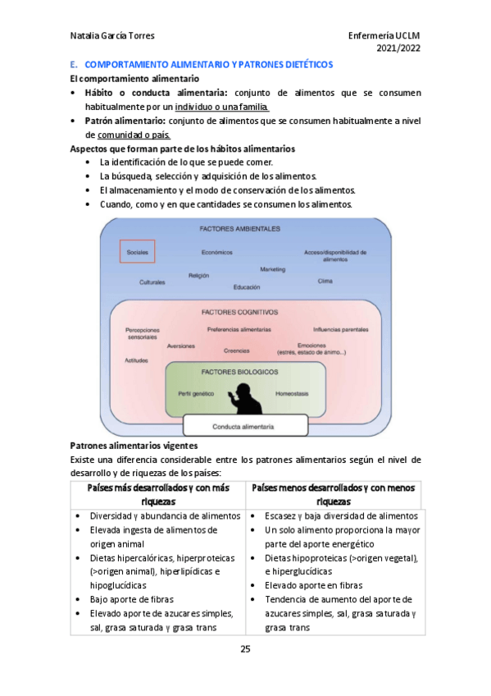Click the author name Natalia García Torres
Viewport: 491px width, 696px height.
tap(113, 35)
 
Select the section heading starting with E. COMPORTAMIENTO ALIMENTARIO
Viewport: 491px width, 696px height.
tap(202, 64)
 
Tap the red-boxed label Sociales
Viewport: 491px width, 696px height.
tap(137, 252)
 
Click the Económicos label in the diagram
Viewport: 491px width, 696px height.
tap(217, 252)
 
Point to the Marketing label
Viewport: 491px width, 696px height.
tap(273, 269)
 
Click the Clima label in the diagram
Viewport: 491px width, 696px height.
tap(325, 281)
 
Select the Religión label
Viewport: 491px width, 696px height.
tap(198, 276)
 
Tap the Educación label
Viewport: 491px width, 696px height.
tap(246, 287)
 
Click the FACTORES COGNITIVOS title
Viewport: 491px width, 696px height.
tap(239, 312)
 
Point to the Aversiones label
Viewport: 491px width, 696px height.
tap(180, 346)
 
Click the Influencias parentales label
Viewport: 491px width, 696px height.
tap(340, 329)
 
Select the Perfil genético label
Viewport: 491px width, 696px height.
tap(196, 393)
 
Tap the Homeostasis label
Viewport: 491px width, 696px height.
tap(292, 393)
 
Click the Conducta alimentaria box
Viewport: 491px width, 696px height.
tap(243, 427)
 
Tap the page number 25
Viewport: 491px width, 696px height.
tap(245, 649)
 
